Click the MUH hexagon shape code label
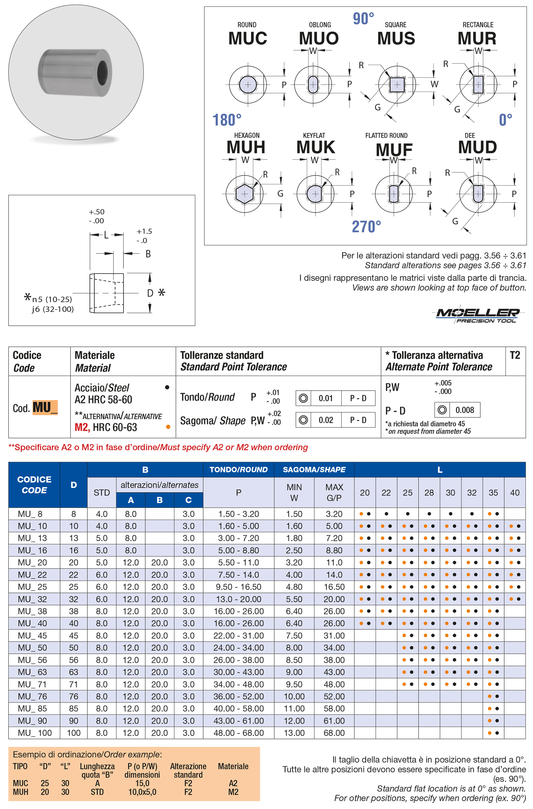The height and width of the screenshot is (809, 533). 246,147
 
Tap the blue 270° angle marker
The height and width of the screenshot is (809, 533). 366,226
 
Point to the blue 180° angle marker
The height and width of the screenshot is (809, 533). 227,120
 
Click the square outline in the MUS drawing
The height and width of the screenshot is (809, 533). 397,85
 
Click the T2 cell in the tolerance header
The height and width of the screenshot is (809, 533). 515,356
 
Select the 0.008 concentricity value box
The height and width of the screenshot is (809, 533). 464,410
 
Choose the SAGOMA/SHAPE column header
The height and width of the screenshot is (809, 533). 314,469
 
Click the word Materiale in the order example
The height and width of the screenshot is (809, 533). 233,766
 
